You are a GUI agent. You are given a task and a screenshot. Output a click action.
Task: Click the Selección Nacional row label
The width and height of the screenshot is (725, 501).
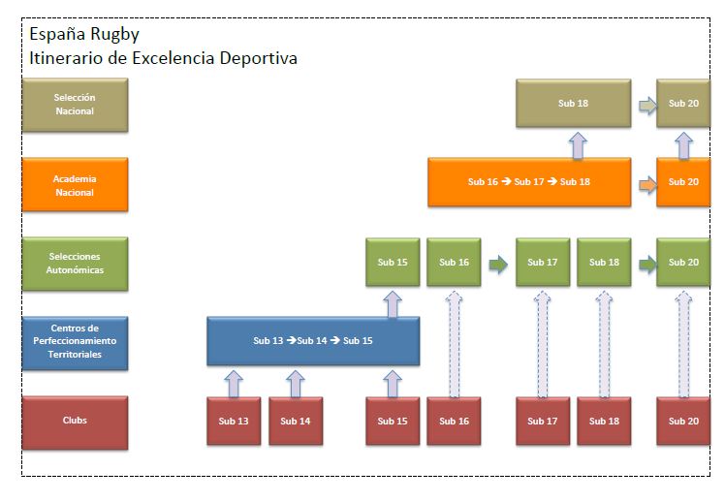[x=75, y=105]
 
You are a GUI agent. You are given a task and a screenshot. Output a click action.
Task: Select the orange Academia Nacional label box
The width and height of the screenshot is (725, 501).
[x=75, y=185]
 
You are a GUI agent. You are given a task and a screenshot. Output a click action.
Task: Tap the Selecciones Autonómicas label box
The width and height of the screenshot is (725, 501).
[x=75, y=263]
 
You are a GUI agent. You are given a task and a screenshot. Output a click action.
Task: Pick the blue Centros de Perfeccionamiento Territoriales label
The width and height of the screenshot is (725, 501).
[x=75, y=341]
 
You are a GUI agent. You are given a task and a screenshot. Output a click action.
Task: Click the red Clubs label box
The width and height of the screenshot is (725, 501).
[x=75, y=421]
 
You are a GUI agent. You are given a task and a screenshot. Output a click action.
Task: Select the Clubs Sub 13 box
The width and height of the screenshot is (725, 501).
[x=234, y=421]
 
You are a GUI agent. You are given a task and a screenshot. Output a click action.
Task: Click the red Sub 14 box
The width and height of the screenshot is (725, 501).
[x=296, y=421]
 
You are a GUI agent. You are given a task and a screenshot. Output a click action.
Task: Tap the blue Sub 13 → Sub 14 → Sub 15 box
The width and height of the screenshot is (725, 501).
[x=313, y=341]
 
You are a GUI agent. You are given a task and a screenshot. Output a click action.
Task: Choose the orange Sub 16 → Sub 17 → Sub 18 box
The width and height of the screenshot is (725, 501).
[x=528, y=182]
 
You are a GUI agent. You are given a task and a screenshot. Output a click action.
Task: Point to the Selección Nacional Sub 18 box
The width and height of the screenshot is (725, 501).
[x=574, y=104]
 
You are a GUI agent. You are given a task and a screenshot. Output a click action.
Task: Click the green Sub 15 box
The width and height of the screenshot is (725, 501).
[x=393, y=263]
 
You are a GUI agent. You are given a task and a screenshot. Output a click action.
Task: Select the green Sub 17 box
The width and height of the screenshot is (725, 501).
[x=543, y=263]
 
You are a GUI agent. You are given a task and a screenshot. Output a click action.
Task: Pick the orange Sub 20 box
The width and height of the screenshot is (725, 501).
[x=683, y=182]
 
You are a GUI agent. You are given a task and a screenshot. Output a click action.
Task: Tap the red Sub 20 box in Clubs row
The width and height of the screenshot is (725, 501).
[x=683, y=421]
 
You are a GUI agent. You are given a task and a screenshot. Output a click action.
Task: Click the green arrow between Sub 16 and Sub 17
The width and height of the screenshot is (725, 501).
[x=498, y=263]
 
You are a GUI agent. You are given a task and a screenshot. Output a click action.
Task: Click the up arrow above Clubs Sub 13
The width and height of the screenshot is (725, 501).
[x=234, y=382]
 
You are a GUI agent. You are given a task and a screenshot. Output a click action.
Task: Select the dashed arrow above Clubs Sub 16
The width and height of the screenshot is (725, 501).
[x=454, y=342]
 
